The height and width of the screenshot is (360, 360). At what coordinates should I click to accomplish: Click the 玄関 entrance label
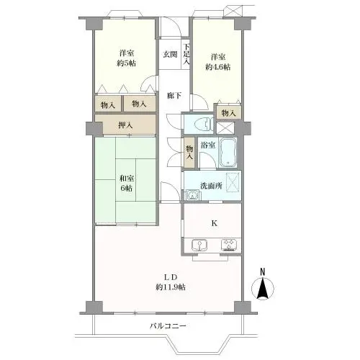[x=169, y=54]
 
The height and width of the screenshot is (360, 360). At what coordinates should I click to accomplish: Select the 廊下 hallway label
[x=174, y=95]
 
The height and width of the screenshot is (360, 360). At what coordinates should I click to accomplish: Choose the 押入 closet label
[x=124, y=127]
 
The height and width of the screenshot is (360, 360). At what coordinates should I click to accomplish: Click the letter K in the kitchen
[x=213, y=223]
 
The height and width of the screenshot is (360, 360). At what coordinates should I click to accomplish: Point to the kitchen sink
[x=197, y=245]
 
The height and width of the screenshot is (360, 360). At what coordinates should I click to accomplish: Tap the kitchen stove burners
[x=229, y=245]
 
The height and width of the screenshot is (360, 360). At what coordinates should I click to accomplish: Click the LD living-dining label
[x=170, y=276]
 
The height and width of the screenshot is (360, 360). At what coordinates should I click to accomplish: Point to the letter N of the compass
[x=263, y=271]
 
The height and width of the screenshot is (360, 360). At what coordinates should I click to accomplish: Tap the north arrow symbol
[x=263, y=289]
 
